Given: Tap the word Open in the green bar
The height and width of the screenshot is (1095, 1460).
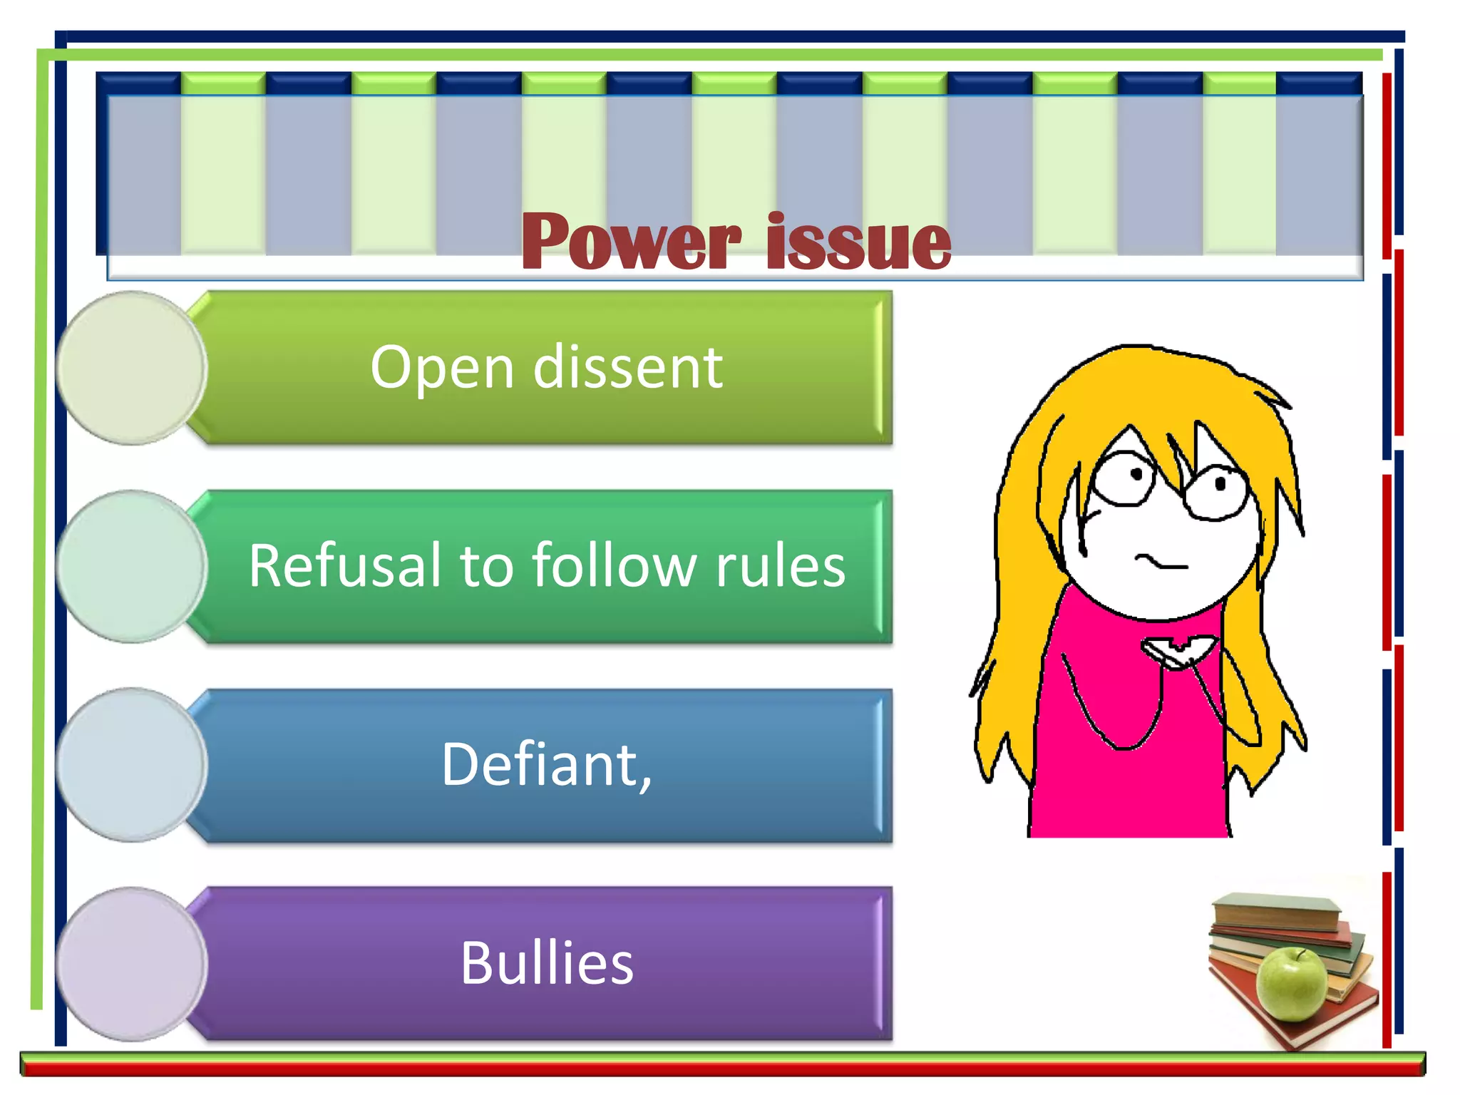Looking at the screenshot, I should [442, 369].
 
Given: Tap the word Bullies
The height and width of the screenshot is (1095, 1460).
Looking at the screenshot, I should [547, 963].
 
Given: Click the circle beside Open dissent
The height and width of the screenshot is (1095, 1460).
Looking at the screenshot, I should [131, 368].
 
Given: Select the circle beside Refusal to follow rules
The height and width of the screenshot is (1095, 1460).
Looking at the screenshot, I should [131, 566].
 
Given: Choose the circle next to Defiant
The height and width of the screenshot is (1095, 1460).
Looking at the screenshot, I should [131, 764].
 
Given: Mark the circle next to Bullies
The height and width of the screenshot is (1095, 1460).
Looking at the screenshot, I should [131, 963].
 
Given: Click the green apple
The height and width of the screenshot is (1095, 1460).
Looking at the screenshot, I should [1292, 983].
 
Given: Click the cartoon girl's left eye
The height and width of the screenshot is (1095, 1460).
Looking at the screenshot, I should [1124, 476].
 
